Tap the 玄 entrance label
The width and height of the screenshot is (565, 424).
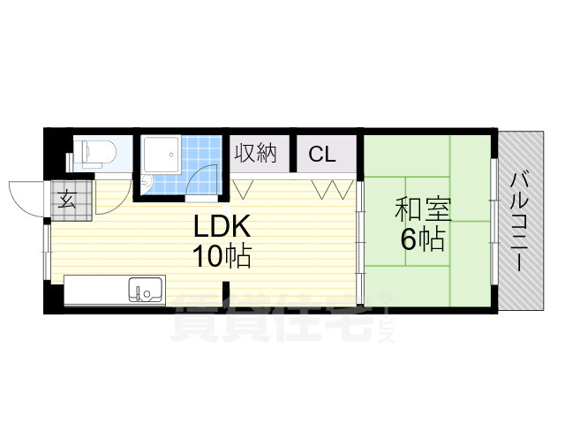coord(67,197)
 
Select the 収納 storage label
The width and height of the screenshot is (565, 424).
coord(256,153)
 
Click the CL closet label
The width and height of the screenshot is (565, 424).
coord(321,155)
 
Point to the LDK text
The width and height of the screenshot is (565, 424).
coord(224,226)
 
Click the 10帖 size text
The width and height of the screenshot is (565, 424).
coord(222,257)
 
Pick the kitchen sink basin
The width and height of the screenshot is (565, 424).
coord(146,290)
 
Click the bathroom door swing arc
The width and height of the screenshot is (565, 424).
coord(205,181)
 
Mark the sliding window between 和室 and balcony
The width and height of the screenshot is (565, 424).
coord(494,221)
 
